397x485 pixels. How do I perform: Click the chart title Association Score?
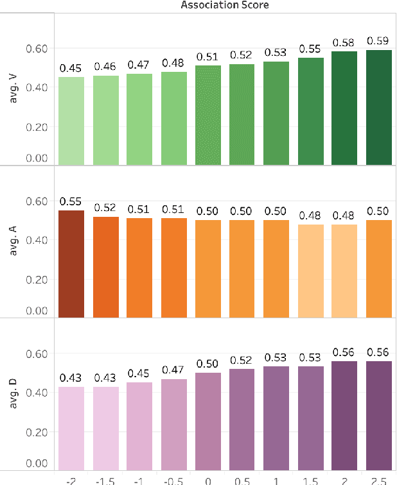click(224, 5)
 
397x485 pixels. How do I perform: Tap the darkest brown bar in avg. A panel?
click(71, 264)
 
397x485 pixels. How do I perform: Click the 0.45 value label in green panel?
click(71, 68)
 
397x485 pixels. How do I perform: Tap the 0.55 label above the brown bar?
click(71, 201)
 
